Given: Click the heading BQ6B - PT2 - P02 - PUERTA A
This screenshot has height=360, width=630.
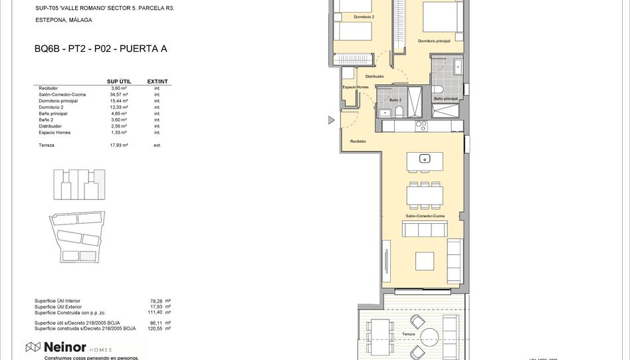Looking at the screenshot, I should (x=100, y=48).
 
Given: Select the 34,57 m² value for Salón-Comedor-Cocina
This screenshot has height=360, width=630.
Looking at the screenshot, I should (x=119, y=94).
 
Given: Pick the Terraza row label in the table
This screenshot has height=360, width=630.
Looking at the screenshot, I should (x=47, y=145).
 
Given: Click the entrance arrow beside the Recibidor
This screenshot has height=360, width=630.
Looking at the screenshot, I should (x=331, y=120).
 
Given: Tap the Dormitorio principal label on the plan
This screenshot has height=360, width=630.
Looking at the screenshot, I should (x=434, y=41).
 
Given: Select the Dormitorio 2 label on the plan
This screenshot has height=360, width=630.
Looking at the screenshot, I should (x=364, y=17).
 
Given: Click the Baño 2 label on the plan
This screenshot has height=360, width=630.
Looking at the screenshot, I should (x=395, y=100).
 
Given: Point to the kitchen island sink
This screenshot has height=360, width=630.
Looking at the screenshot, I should (x=425, y=159).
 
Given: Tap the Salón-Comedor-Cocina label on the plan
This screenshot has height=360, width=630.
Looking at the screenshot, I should (x=425, y=217).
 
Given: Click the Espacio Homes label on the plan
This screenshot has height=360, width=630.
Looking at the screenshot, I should (x=355, y=87).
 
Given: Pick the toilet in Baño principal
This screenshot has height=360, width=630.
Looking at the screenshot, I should (x=438, y=89).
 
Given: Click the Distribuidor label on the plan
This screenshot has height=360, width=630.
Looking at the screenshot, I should (x=374, y=76).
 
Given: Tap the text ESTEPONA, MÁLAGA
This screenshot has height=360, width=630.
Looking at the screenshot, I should (x=63, y=20).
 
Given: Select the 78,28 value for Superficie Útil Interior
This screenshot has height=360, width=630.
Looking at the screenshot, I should (x=157, y=301).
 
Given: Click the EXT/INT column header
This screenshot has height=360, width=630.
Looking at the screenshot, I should (x=157, y=82).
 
